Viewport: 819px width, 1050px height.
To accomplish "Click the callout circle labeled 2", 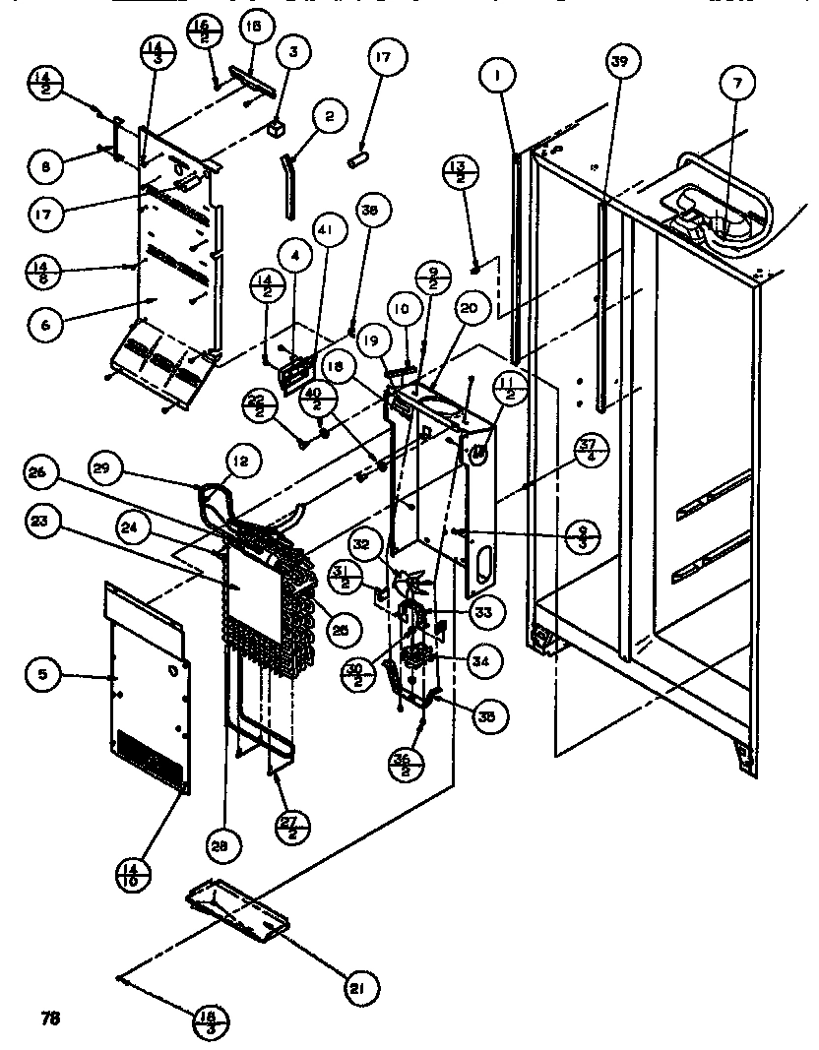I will (328, 117).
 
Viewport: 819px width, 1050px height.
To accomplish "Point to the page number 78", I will (51, 1018).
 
